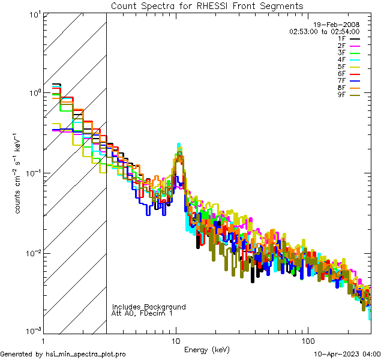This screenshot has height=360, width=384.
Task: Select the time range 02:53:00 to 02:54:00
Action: click(x=324, y=31)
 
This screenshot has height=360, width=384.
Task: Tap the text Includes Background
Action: click(x=149, y=307)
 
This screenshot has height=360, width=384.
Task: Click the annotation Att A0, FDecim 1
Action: click(x=142, y=313)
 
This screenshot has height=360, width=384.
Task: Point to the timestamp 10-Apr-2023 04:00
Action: click(x=346, y=355)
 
